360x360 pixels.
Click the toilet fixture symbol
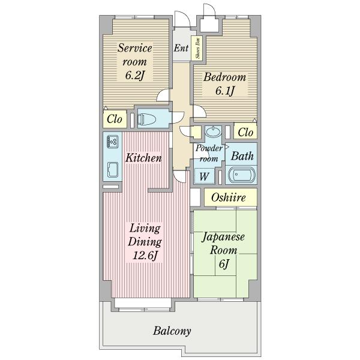click(x=146, y=119)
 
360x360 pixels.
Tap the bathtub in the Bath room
click(x=241, y=175)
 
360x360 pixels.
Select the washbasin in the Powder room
click(x=213, y=131)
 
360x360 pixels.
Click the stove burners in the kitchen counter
click(x=113, y=141)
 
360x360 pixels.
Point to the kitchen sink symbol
click(x=113, y=170)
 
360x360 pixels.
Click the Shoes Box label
click(x=198, y=48)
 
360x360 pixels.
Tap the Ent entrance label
click(x=181, y=48)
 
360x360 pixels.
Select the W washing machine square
click(x=205, y=176)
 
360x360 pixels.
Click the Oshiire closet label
click(x=228, y=197)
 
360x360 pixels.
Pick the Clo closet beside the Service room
click(x=115, y=119)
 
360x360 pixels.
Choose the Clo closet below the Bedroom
click(x=245, y=132)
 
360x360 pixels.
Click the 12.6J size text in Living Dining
click(x=145, y=255)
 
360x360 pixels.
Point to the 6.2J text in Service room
click(x=135, y=75)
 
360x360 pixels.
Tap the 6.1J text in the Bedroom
click(x=225, y=91)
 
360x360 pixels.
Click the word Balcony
click(x=172, y=331)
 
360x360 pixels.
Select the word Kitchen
click(x=144, y=158)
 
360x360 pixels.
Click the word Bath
click(x=242, y=156)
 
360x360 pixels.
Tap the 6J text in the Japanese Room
click(x=224, y=263)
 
